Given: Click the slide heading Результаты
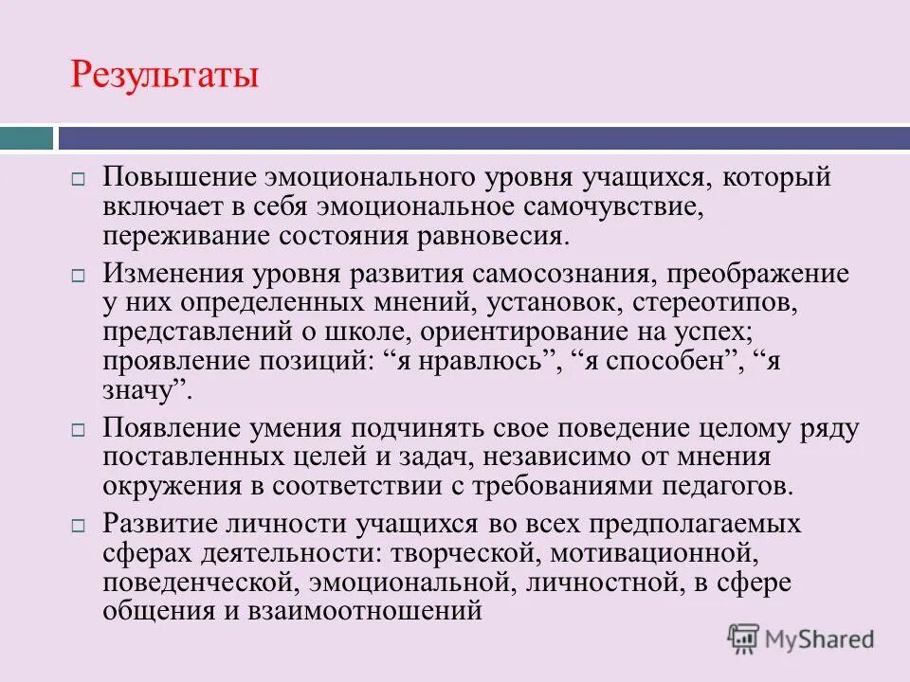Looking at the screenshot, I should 164,74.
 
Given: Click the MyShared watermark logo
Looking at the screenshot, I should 801,639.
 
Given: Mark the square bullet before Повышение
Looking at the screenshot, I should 80,179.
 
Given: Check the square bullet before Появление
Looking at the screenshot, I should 80,429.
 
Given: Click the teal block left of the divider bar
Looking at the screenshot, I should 26,138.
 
